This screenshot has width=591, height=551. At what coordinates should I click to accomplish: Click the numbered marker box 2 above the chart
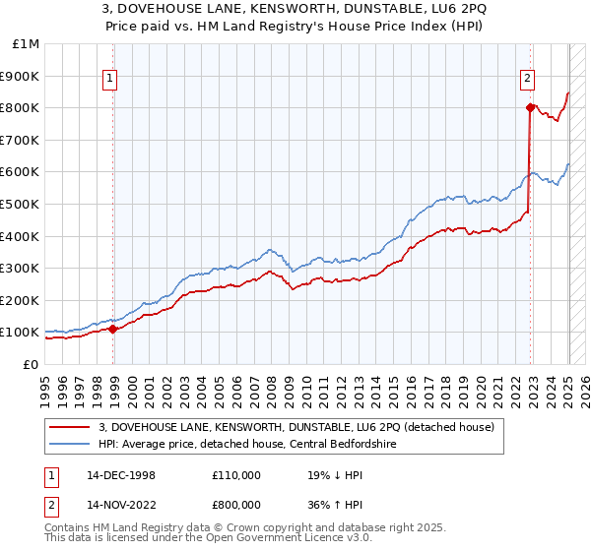tap(528, 80)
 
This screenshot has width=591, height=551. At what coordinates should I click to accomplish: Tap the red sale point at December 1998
tap(112, 329)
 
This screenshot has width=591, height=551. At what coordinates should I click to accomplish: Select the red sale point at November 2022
tap(530, 107)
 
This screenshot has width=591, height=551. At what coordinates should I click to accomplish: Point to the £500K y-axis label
tap(20, 204)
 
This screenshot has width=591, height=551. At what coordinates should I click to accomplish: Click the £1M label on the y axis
tap(26, 44)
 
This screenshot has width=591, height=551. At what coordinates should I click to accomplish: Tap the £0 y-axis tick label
tap(30, 364)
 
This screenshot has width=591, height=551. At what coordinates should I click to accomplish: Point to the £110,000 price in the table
tap(236, 474)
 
